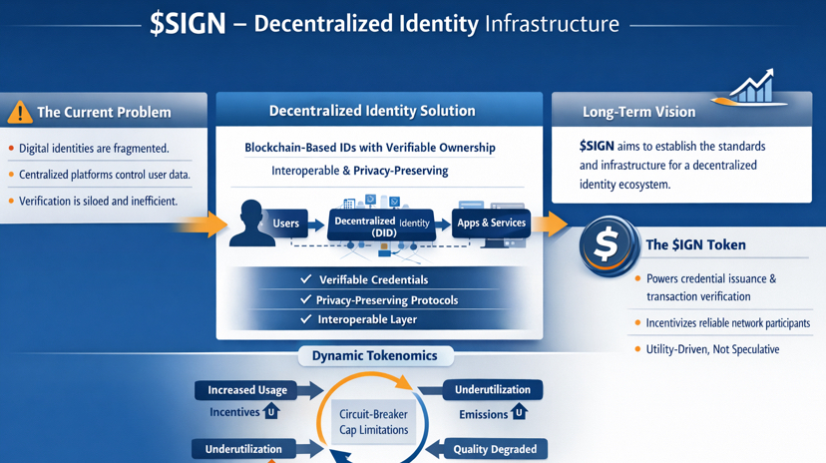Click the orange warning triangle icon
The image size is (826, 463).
19,112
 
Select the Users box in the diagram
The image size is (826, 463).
285,224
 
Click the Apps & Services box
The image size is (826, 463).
491,223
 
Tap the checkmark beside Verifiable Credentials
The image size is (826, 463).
306,279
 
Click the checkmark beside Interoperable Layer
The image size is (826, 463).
306,319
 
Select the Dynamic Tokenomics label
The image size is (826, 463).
374,355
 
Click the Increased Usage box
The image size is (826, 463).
247,390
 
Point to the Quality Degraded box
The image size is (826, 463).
494,449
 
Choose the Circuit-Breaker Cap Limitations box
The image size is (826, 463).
374,422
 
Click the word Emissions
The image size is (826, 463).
484,414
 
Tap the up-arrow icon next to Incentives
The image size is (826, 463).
271,412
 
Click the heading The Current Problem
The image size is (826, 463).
104,112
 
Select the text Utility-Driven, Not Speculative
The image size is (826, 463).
712,349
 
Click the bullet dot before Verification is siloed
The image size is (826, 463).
11,201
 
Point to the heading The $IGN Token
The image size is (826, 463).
695,244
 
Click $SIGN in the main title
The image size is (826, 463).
187,24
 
